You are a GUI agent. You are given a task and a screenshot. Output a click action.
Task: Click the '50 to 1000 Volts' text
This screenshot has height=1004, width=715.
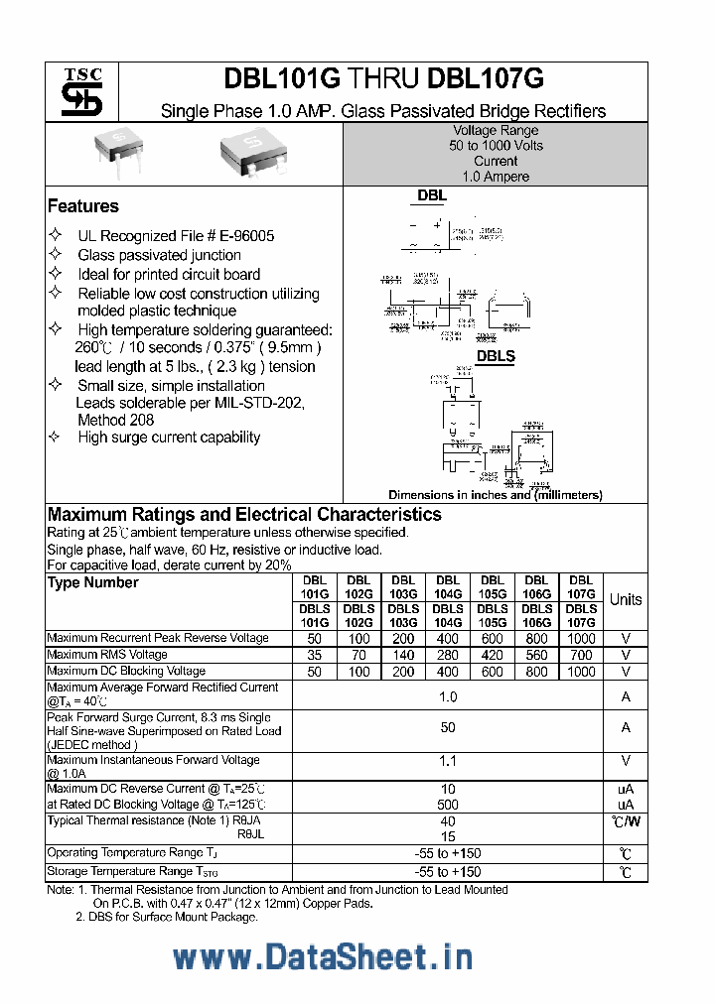[x=496, y=146]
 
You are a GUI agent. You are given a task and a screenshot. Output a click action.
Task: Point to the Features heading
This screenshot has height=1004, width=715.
[x=83, y=206]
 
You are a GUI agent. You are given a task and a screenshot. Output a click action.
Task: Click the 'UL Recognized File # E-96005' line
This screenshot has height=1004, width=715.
[x=176, y=236]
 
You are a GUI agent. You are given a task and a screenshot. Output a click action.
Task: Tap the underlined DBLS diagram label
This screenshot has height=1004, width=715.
[x=496, y=356]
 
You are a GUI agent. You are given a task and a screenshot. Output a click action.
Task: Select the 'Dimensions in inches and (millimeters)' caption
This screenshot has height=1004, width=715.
[x=495, y=494]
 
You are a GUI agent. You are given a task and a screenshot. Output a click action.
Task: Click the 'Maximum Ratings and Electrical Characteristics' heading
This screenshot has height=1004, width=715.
[x=244, y=515]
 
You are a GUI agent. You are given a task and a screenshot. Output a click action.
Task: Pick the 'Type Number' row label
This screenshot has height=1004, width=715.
[x=93, y=583]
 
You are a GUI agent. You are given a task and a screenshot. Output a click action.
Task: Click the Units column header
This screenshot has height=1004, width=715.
[x=626, y=599]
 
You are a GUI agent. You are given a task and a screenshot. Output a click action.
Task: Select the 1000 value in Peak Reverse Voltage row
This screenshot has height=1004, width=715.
[x=581, y=638]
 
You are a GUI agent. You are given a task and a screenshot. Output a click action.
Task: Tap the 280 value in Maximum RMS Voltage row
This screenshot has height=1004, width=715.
[x=448, y=655]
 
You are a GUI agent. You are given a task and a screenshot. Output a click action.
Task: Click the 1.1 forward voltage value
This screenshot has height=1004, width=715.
[x=448, y=761]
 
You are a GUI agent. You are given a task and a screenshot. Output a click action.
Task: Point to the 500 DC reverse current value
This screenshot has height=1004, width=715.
[x=448, y=805]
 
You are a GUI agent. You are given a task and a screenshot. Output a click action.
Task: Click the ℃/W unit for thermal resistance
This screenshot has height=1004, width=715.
[x=626, y=821]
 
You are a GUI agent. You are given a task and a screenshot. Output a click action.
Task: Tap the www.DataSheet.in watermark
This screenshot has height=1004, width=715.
[x=323, y=957]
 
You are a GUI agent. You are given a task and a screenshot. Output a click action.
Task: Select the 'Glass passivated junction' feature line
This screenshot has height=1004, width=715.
[x=159, y=255]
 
